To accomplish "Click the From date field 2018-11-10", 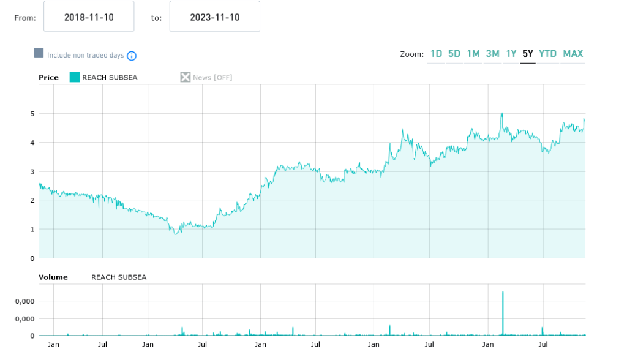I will coord(89,17).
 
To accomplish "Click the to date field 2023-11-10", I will coord(214,17).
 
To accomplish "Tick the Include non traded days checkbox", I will coord(39,53).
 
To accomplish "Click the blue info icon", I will coord(132,56).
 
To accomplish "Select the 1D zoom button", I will coord(436,54).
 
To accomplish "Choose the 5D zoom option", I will coord(454,54).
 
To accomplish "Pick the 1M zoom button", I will coord(473,54).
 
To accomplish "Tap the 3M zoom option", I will coord(493,54).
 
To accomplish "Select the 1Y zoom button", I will coord(511,54).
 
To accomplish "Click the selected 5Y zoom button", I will coord(528,54).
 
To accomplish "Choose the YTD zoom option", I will coord(548,54).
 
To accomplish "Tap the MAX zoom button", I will coord(573,54).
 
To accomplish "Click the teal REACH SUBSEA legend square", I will coord(75,77).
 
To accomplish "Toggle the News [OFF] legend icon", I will coord(186,77).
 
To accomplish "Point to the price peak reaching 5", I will coord(502,114).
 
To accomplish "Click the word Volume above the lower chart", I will coord(53,277).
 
